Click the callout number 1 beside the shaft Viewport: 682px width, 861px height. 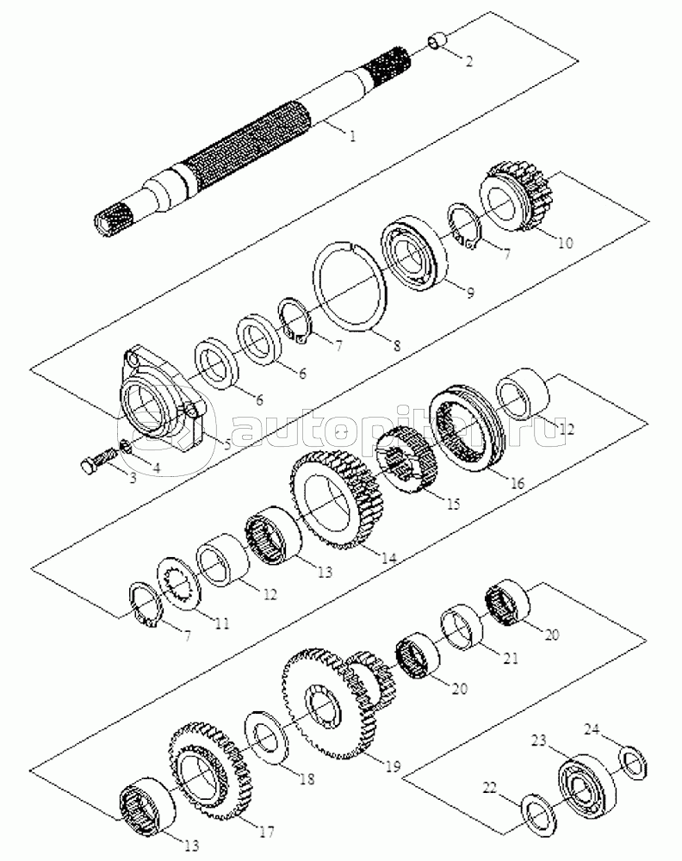(352, 135)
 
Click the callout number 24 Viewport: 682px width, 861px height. (591, 730)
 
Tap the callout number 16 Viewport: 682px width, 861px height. (517, 484)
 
